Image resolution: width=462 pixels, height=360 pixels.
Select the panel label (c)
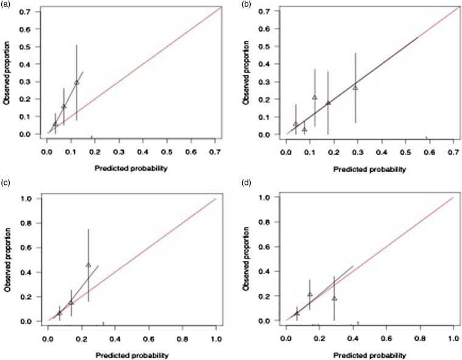tap(5, 183)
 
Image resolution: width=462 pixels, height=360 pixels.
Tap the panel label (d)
tap(246, 183)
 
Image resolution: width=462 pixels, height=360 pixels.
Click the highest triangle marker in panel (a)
tap(77, 83)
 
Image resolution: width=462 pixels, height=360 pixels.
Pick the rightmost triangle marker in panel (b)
tap(355, 88)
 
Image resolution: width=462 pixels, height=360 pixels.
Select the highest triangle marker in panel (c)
tap(88, 265)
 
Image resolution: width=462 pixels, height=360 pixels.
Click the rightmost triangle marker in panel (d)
tap(334, 299)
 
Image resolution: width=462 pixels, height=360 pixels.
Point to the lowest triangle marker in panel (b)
tap(304, 130)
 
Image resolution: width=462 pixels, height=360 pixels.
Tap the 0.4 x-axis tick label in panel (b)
tap(382, 152)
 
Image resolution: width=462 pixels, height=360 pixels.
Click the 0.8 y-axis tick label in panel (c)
tap(26, 223)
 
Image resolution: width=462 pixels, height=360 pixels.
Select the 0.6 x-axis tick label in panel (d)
tap(387, 339)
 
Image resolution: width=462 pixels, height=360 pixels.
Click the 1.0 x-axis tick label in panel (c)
tap(216, 339)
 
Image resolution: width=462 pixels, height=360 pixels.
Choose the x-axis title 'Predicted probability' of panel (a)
tap(131, 168)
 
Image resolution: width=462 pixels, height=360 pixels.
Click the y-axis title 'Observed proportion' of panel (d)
tap(245, 259)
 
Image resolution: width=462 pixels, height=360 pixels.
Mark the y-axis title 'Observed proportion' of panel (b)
tap(245, 72)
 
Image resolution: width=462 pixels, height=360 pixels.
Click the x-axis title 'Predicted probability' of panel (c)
tap(132, 355)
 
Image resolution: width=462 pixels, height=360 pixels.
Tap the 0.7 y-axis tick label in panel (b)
tap(264, 11)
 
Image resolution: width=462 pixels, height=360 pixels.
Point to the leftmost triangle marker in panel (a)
tap(55, 124)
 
